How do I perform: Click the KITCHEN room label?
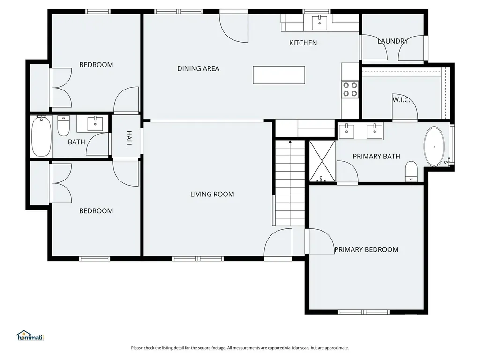pos(303,43)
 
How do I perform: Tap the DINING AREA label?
pos(198,68)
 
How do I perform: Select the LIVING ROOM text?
pos(212,194)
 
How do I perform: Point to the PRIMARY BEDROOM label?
pos(366,249)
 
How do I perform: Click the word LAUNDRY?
pos(392,41)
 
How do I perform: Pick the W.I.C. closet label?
pos(401,100)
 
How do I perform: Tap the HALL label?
pos(129,139)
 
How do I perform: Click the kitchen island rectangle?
pos(278,75)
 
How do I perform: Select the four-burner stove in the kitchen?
pos(350,89)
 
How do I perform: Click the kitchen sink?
pos(319,23)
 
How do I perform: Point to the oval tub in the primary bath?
pos(434,147)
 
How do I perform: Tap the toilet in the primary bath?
pos(411,171)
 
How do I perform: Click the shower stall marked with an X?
pos(322,161)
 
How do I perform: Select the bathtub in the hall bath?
pos(41,136)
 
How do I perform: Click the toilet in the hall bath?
pos(63,126)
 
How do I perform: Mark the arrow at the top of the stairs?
pos(290,142)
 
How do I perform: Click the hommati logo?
pos(30,336)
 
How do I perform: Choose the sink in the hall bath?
pos(95,124)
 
